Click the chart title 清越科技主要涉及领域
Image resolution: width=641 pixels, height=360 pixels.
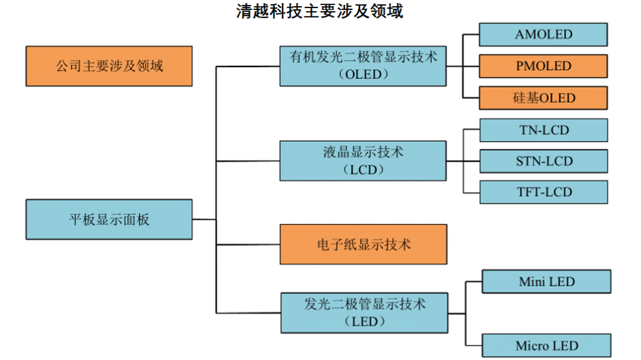point(320,11)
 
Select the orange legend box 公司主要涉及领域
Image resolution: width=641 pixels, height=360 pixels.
point(109,66)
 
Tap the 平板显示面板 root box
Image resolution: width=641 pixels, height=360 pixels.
point(109,219)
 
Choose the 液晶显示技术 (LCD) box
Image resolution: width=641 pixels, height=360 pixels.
point(363,160)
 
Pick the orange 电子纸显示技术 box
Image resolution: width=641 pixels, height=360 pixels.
point(363,244)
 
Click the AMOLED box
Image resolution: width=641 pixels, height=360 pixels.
point(543,34)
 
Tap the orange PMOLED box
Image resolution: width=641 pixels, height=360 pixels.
point(543,66)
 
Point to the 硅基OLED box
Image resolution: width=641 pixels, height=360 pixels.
point(543,98)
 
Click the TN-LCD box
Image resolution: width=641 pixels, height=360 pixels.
point(543,130)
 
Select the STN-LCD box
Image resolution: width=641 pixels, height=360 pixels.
point(543,161)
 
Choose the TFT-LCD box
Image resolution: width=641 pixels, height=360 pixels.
point(543,192)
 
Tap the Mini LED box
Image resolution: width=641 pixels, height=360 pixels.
point(546,282)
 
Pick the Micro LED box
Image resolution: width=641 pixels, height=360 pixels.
point(546,346)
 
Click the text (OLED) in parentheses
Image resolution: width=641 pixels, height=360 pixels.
point(363,74)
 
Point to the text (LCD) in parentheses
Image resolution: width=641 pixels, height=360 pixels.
point(363,169)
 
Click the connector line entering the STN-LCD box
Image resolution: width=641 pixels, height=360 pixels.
point(466,161)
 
